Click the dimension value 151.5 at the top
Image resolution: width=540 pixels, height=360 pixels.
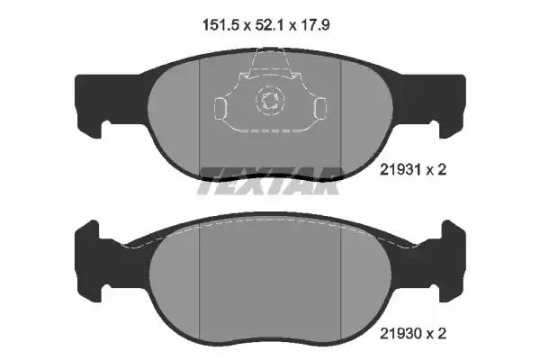(x=220, y=25)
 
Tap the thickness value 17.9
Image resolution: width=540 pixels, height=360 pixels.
(x=315, y=25)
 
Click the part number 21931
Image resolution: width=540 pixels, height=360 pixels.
(x=400, y=170)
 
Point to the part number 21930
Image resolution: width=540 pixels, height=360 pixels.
(x=400, y=334)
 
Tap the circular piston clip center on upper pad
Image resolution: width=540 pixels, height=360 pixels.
(x=270, y=100)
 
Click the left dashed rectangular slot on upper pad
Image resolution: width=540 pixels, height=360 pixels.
(x=220, y=109)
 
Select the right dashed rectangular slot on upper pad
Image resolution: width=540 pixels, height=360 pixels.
(x=320, y=109)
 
